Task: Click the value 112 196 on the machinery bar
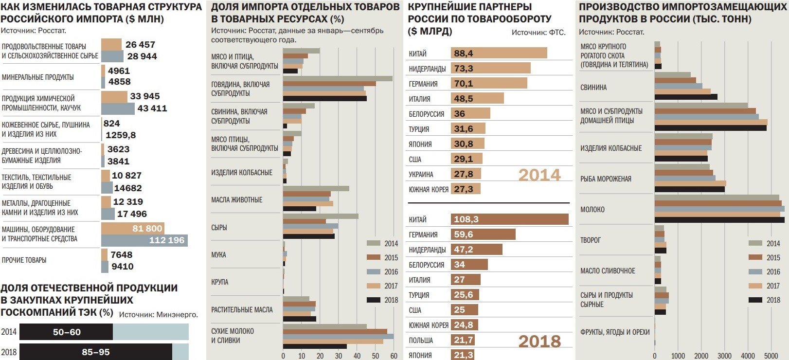tap(167, 240)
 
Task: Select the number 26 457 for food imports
tap(140, 45)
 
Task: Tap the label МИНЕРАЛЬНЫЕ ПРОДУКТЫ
tap(38, 77)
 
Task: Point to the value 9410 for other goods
tap(122, 267)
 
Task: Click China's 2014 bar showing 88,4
tap(499, 53)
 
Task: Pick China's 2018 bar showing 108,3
tap(509, 219)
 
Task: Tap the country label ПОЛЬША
tap(421, 341)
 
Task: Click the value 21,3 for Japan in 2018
tap(463, 355)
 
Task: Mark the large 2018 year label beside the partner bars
tap(539, 341)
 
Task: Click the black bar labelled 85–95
tap(95, 352)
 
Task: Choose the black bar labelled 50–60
tap(67, 332)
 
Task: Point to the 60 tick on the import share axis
tap(394, 356)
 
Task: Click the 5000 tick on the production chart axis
tap(771, 356)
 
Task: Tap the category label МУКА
tap(218, 255)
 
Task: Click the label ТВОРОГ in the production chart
tap(591, 240)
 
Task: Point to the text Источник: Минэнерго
tap(159, 315)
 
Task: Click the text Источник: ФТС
tap(538, 33)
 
